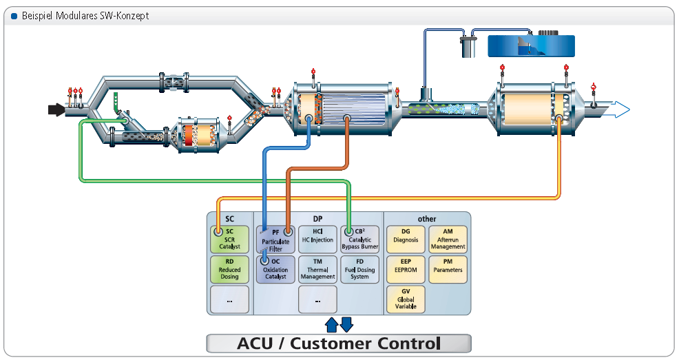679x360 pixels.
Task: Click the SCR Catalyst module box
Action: [229, 240]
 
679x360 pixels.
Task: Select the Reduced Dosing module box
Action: [229, 270]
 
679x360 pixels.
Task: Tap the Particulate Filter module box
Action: [275, 240]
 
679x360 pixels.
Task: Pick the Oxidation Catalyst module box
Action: [275, 270]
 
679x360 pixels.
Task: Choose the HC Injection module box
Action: [317, 240]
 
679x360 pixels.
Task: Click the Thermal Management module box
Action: [317, 270]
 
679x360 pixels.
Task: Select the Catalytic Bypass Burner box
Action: [359, 240]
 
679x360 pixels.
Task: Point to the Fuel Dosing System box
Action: [359, 270]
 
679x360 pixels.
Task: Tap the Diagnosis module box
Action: [406, 240]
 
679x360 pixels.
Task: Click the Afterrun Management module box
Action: [448, 240]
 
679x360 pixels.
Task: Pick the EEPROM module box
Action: [406, 270]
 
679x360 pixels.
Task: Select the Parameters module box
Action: [448, 270]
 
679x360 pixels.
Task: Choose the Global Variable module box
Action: [406, 299]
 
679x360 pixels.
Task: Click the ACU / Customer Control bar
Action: [339, 343]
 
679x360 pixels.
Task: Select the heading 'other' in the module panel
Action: [427, 219]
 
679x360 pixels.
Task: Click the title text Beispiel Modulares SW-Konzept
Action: [85, 15]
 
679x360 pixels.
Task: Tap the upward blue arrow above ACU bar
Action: [331, 324]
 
